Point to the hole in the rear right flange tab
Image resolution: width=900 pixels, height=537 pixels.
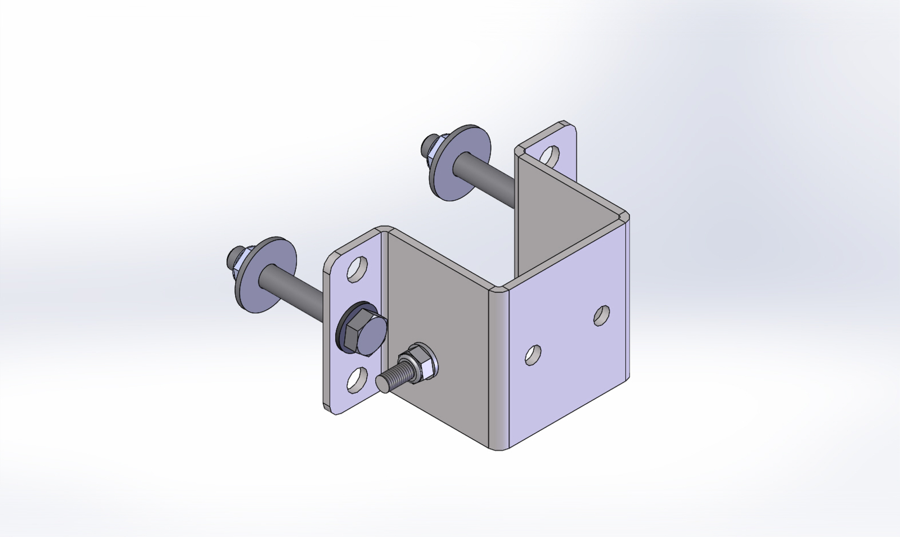coord(551,155)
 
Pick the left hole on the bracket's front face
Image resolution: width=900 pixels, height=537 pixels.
coord(533,354)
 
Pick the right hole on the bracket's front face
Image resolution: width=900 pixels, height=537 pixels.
coord(602,315)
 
